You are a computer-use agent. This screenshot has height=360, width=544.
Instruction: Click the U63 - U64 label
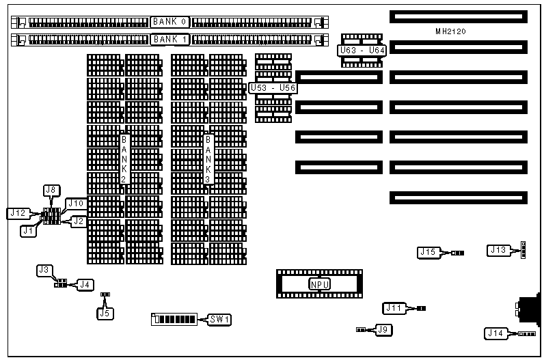[362, 50]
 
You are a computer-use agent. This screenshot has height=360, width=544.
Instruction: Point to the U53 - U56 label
[273, 88]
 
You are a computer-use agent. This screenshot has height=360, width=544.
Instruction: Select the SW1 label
[220, 319]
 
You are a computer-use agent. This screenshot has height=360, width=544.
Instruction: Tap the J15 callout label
[429, 253]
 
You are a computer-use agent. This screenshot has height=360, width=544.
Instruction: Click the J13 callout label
[498, 251]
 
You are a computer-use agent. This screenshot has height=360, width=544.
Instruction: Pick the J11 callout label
[394, 309]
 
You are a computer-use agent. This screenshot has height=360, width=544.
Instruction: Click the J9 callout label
[385, 330]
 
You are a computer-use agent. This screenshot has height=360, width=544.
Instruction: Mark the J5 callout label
[105, 314]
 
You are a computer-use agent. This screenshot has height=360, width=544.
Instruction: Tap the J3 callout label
[44, 271]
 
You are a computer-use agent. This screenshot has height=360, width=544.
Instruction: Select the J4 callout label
[85, 284]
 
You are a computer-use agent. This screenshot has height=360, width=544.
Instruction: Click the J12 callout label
[18, 213]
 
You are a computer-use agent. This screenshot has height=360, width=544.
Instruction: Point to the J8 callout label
[51, 189]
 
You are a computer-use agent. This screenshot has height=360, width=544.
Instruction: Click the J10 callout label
[75, 204]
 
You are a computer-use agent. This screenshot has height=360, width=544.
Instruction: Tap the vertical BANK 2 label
[124, 159]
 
